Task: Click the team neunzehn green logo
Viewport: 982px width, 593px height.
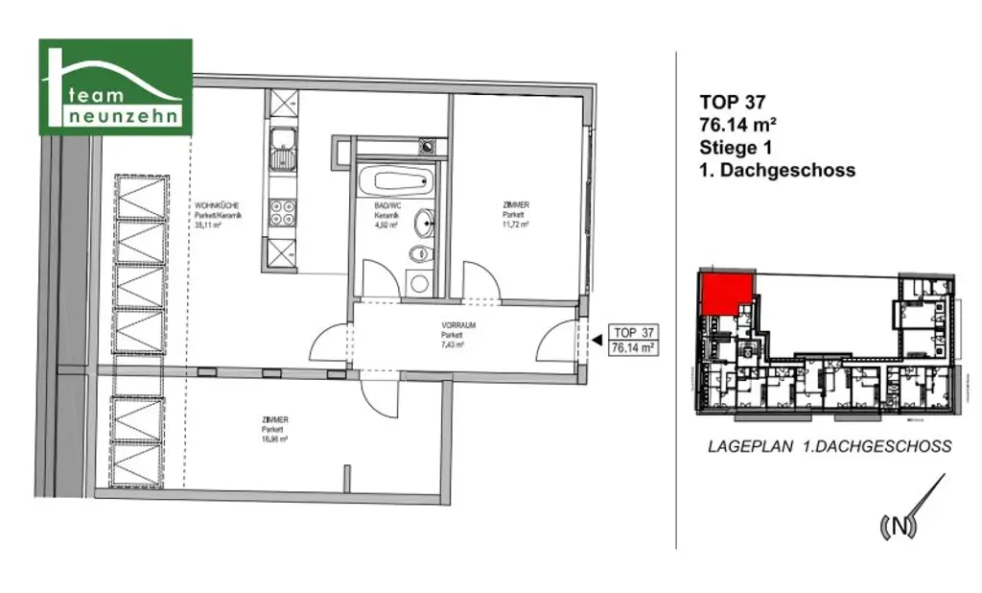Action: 115,86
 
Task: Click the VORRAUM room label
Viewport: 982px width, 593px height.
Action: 453,325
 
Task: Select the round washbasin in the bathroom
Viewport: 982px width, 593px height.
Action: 423,224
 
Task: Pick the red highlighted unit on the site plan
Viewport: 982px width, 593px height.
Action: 726,291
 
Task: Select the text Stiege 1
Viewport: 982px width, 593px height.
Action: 736,148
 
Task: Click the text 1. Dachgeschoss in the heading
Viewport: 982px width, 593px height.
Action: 777,171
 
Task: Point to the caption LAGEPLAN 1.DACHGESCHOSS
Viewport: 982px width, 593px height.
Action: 830,446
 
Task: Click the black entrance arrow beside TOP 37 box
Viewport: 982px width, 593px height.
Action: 594,339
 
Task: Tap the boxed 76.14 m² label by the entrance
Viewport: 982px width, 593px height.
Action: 633,349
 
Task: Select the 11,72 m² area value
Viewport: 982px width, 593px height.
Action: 515,226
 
